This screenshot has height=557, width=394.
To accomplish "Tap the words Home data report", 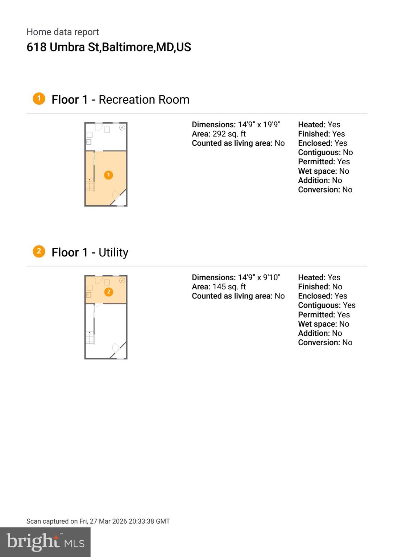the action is (63, 32).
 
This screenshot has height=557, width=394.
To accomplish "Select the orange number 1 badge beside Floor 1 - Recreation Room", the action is (39, 99).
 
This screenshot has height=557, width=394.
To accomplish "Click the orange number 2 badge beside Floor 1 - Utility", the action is (39, 251).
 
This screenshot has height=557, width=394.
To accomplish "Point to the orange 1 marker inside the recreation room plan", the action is (108, 175).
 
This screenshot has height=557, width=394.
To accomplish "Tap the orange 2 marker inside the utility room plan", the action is (108, 292).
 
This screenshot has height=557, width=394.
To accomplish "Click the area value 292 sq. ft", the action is (229, 134).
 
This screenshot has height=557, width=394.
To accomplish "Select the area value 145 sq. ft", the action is (229, 287).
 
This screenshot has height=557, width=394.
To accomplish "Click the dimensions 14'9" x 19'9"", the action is (259, 124).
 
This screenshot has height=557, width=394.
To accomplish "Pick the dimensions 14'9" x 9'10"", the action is (259, 277).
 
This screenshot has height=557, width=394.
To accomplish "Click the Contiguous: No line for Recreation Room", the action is (325, 152).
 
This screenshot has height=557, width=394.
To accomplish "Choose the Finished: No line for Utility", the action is (320, 287).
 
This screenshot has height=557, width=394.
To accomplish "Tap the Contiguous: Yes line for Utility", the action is (327, 305).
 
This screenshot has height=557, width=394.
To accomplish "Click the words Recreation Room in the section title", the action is (144, 99).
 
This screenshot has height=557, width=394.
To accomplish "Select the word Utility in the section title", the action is (113, 252).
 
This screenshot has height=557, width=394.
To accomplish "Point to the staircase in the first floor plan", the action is (90, 185).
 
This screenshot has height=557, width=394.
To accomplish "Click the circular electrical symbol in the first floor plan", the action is (122, 128).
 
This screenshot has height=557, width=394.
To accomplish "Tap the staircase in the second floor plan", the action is (90, 338).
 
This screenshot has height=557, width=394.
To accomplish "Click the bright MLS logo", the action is (45, 542).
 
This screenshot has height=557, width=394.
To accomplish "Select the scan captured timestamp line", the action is (98, 521).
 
